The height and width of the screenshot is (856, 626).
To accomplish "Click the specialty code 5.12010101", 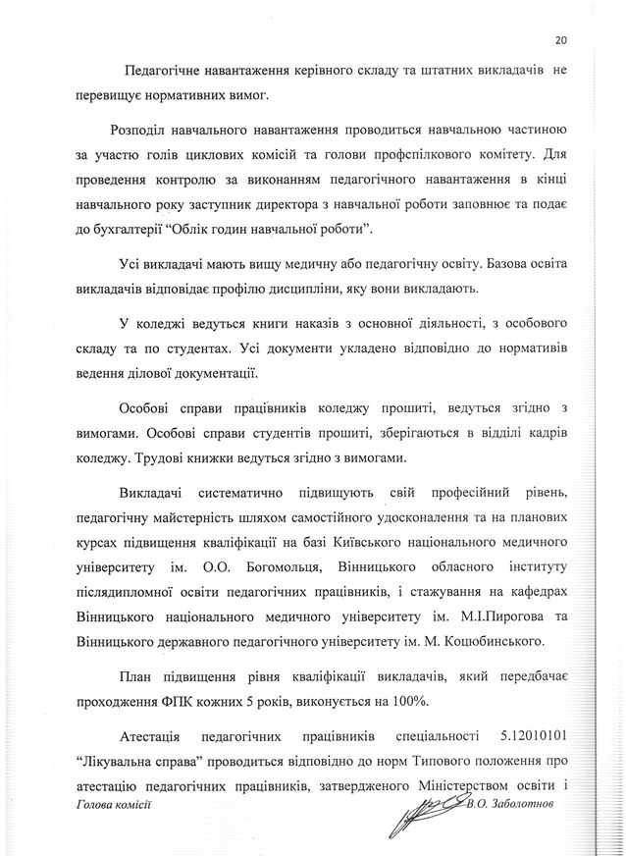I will tap(514, 736).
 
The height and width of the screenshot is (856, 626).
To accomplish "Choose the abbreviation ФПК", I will tap(174, 701).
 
